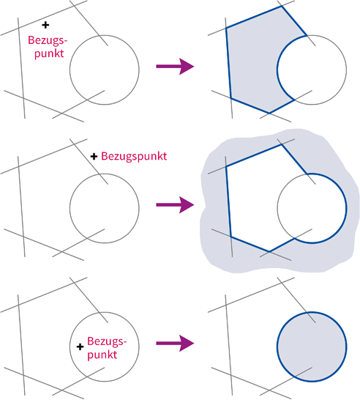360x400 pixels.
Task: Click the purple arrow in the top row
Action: (x=175, y=67)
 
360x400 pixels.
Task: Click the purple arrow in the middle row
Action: (x=175, y=204)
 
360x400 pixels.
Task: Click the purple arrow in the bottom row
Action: (x=175, y=343)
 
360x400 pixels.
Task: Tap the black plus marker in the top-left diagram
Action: (x=45, y=25)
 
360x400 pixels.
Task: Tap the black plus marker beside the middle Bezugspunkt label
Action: (x=94, y=156)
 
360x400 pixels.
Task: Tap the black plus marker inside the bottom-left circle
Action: (x=80, y=347)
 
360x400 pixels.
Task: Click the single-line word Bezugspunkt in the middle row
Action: (x=134, y=156)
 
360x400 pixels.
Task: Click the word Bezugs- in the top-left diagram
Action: (x=48, y=40)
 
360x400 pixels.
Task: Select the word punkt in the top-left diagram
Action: (x=49, y=53)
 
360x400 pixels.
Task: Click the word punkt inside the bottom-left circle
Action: (x=102, y=355)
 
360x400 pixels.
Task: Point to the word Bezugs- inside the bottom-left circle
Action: (x=107, y=341)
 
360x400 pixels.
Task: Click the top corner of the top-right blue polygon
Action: (x=282, y=7)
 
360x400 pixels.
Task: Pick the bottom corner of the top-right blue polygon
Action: (x=269, y=113)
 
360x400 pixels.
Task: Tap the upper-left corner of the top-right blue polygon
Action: (x=226, y=28)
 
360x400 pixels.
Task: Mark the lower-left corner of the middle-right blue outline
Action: (x=230, y=236)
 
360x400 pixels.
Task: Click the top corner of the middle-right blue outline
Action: (x=282, y=145)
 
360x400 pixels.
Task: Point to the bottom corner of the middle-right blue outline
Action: (x=269, y=251)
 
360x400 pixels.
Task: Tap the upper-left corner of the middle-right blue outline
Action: (x=226, y=166)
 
